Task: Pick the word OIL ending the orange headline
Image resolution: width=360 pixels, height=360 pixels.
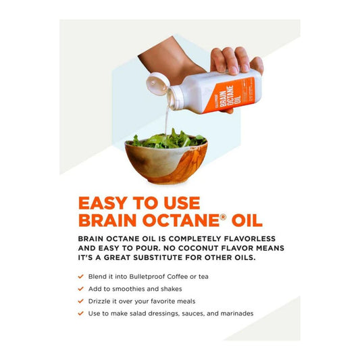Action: point(251,221)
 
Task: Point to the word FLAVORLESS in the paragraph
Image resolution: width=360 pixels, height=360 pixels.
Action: point(253,238)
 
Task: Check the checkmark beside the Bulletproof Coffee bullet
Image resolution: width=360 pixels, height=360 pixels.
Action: point(82,276)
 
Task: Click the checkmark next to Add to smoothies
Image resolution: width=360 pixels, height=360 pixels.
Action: point(82,288)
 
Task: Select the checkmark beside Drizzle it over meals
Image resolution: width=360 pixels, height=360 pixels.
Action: point(82,301)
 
